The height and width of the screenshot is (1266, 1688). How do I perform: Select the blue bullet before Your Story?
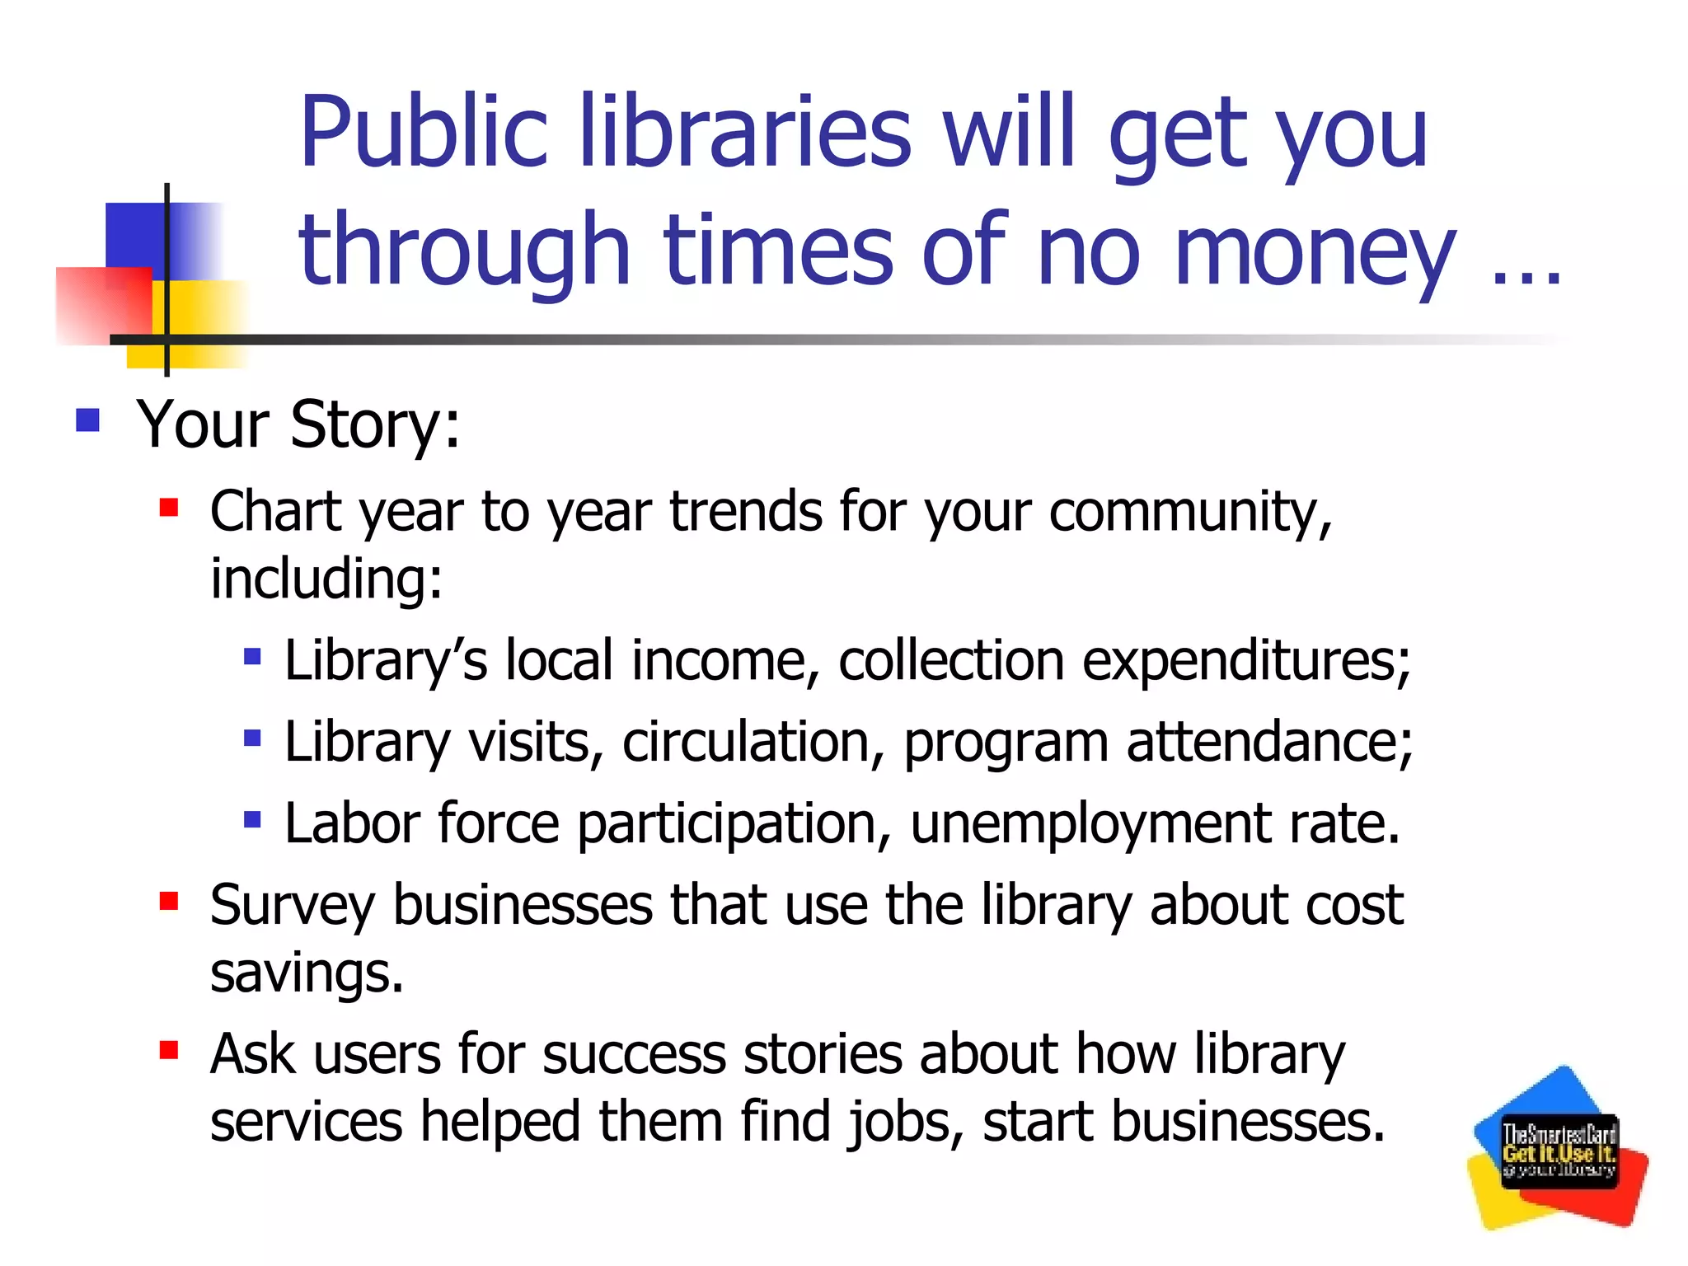87,420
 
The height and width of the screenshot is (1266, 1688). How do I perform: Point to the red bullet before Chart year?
169,507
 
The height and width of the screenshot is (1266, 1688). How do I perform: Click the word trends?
745,511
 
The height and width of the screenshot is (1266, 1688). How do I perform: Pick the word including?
326,579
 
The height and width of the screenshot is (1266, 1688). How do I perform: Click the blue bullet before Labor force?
252,819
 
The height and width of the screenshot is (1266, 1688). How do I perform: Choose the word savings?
306,973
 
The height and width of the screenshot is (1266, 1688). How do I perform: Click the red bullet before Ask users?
169,1050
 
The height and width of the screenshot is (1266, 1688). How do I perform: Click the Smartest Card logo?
1558,1149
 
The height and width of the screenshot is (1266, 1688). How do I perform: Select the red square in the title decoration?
103,305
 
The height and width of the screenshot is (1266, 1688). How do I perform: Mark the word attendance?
1268,742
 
